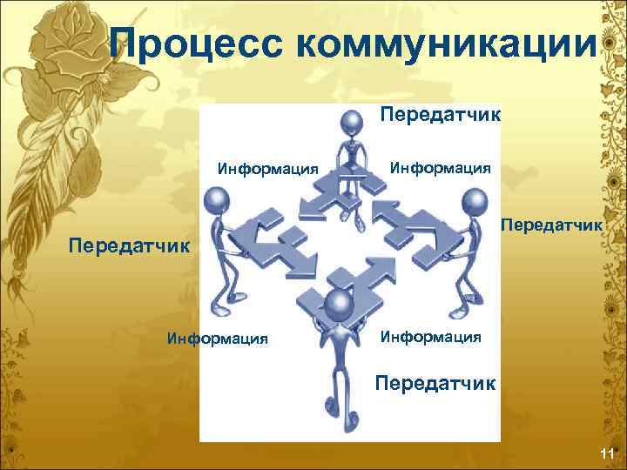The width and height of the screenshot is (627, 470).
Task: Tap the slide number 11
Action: [607, 453]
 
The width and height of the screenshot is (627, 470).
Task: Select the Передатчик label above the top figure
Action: [440, 114]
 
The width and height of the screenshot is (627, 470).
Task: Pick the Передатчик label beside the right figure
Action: [550, 225]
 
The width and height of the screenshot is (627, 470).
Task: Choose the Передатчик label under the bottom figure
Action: [435, 382]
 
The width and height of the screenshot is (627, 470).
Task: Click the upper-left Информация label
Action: [267, 168]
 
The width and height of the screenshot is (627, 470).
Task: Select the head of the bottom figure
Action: [335, 304]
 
